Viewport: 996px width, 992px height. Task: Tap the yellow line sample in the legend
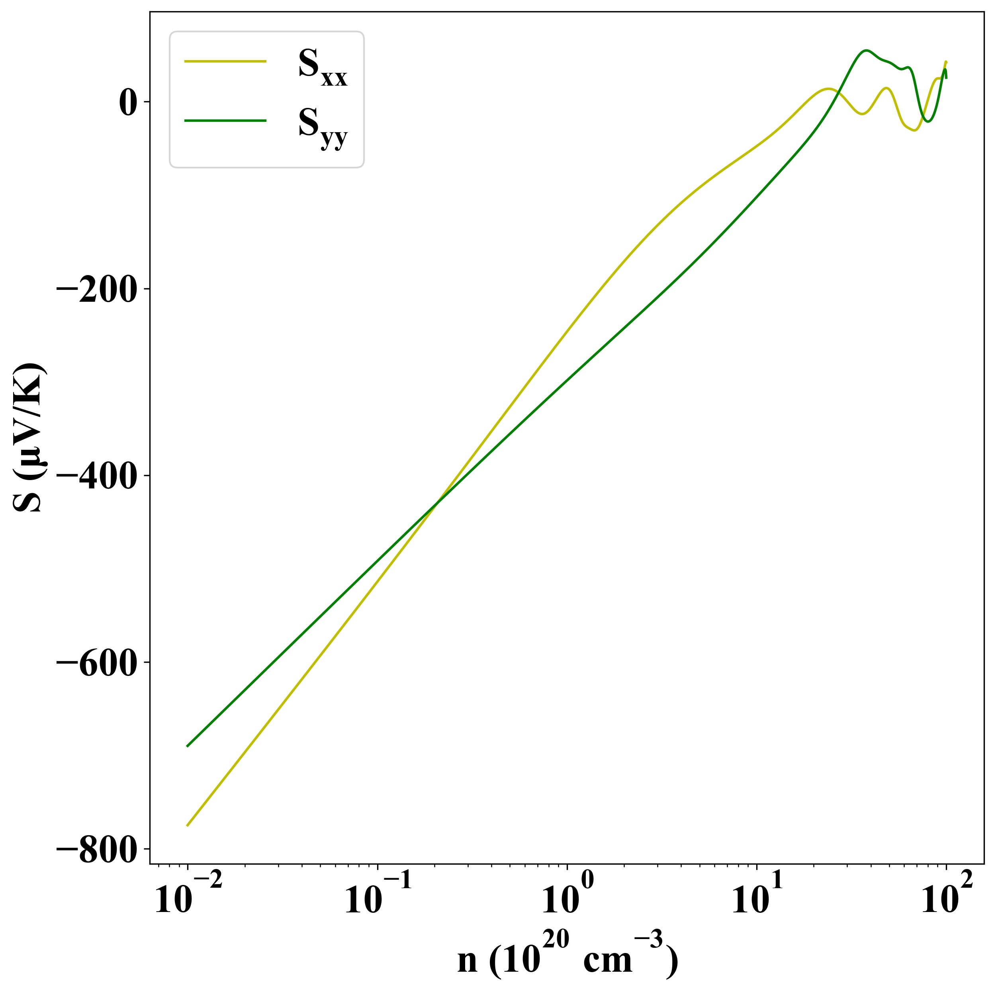(x=225, y=61)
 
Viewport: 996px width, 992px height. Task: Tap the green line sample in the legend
(x=225, y=121)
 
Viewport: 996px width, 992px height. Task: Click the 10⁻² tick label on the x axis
(x=188, y=899)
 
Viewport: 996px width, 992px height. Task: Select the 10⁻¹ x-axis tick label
(x=378, y=899)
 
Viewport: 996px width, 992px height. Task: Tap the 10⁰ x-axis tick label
(x=567, y=899)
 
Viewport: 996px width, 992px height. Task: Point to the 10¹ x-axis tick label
(x=757, y=899)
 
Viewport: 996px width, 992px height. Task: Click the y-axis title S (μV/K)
(x=30, y=438)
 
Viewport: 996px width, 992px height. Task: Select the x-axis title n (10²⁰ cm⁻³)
(x=567, y=957)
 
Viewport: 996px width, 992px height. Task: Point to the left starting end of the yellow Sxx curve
(x=188, y=826)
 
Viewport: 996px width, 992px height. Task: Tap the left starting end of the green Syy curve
(x=188, y=746)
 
